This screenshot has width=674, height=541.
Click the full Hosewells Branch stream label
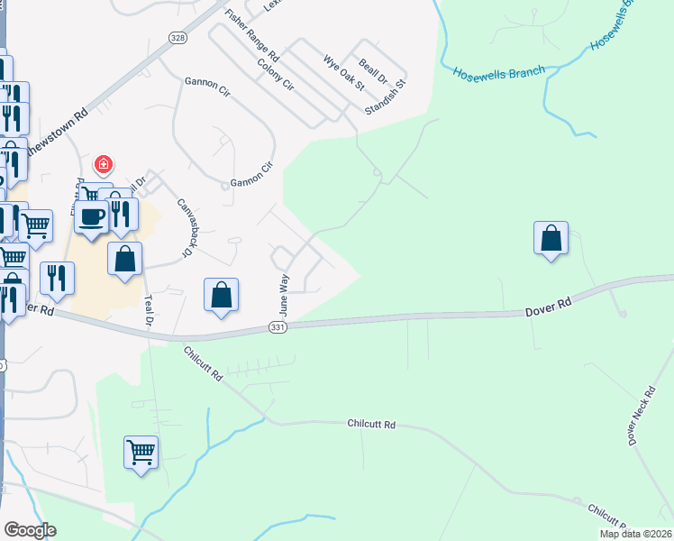[x=499, y=71]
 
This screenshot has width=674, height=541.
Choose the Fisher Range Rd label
[x=252, y=35]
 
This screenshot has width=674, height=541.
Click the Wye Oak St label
[x=343, y=73]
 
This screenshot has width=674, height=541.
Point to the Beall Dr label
[x=372, y=67]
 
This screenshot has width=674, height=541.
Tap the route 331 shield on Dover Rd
[x=278, y=328]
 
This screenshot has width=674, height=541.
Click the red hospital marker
[x=104, y=164]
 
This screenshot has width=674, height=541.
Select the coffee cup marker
[x=92, y=217]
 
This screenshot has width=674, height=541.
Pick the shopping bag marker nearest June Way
[x=221, y=295]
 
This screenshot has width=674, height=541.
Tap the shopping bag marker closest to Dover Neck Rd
[x=551, y=239]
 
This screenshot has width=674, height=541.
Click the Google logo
[x=30, y=530]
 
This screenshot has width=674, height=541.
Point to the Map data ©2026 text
[x=635, y=534]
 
